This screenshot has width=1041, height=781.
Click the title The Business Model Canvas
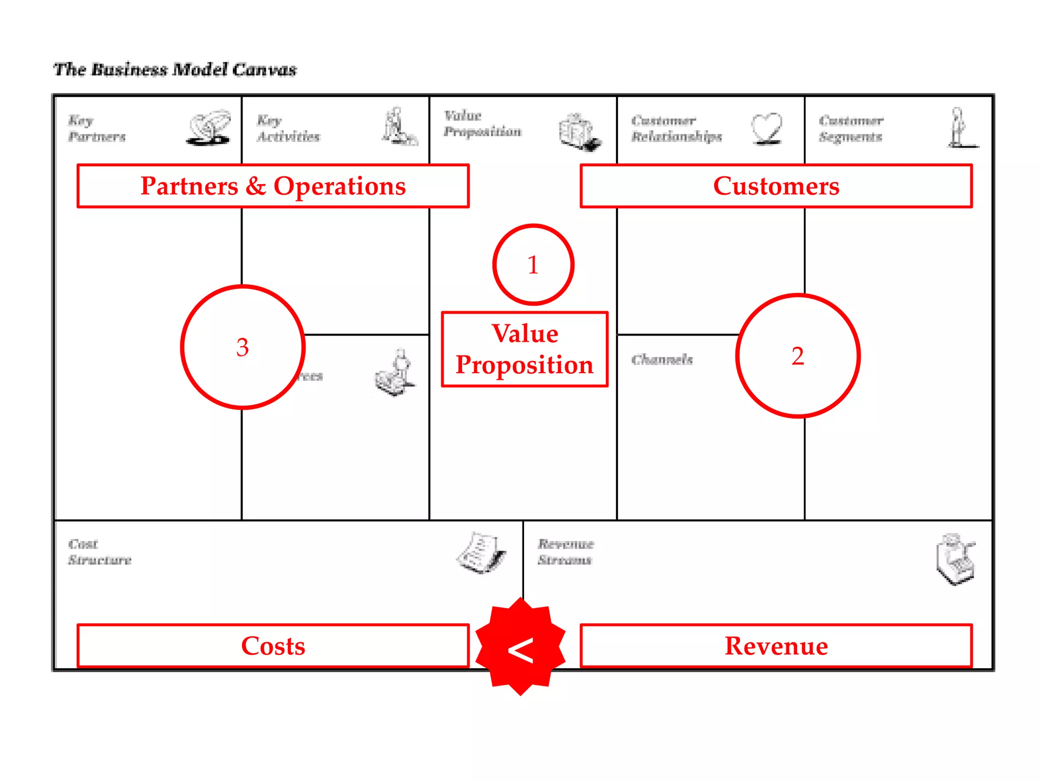[x=175, y=70]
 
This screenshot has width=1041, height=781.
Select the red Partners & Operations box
[x=273, y=186]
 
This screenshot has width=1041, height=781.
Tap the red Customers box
[x=776, y=186]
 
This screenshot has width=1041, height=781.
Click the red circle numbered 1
[x=533, y=265]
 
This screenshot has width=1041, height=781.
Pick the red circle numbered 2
[x=798, y=356]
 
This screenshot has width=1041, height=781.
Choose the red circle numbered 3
[x=242, y=347]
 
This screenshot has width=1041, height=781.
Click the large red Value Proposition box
[x=525, y=349]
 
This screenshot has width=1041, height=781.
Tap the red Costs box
[x=273, y=646]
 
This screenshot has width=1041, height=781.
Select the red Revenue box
[x=776, y=646]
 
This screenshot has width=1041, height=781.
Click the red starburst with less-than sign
[x=520, y=647]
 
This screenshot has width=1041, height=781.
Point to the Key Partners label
[x=97, y=129]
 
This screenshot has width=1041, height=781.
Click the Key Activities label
[x=288, y=129]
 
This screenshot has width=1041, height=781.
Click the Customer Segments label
[x=851, y=129]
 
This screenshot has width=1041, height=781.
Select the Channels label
[x=662, y=359]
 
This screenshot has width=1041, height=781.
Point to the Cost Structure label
[x=100, y=552]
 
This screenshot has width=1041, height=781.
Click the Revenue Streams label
[x=565, y=552]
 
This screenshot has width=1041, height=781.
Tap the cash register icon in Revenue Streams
[x=955, y=559]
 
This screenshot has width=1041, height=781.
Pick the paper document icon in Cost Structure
[x=481, y=553]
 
